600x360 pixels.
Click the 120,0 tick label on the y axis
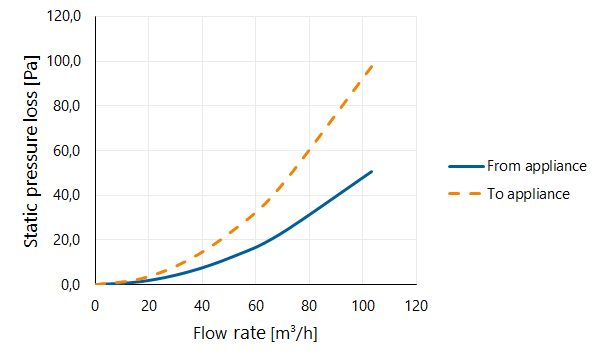click(x=64, y=16)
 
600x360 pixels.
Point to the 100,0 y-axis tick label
click(x=64, y=61)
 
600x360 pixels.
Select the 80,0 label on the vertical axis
click(x=67, y=106)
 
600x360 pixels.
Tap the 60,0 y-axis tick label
click(x=67, y=151)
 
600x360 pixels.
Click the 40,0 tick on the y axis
click(x=67, y=195)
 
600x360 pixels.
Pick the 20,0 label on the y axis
click(x=67, y=240)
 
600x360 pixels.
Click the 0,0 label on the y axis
click(x=70, y=285)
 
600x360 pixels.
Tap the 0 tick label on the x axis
click(x=95, y=306)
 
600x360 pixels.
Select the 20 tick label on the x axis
click(x=148, y=306)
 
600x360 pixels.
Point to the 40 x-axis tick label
click(x=202, y=306)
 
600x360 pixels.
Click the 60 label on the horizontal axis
click(x=256, y=306)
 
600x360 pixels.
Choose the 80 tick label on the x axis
click(x=309, y=306)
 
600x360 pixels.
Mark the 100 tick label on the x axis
click(x=363, y=306)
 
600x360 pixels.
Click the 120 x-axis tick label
click(x=416, y=306)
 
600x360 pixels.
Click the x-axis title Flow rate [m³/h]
click(x=255, y=333)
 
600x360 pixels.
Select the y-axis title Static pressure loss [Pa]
click(x=31, y=151)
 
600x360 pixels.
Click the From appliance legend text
click(x=537, y=166)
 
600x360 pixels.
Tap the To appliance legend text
click(x=528, y=194)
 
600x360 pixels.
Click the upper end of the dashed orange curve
click(x=372, y=66)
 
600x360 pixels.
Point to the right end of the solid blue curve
click(x=372, y=171)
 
